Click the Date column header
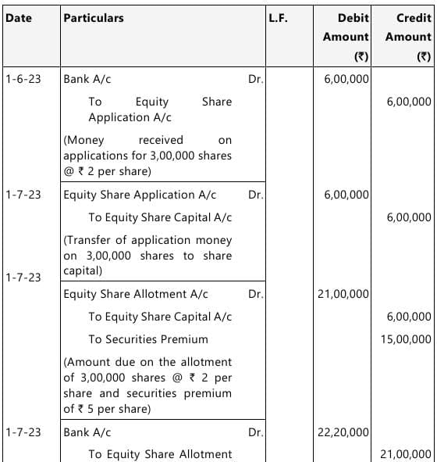click(19, 18)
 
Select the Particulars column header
click(94, 18)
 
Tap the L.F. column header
click(278, 18)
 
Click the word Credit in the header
click(414, 18)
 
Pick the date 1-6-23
click(23, 79)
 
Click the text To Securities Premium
click(148, 339)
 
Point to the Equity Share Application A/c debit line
click(140, 195)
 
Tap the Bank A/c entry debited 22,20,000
click(87, 432)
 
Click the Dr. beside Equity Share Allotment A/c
click(255, 294)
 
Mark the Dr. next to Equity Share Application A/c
click(255, 195)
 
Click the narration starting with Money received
click(147, 156)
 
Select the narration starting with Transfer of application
click(147, 256)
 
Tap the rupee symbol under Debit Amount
click(361, 56)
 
